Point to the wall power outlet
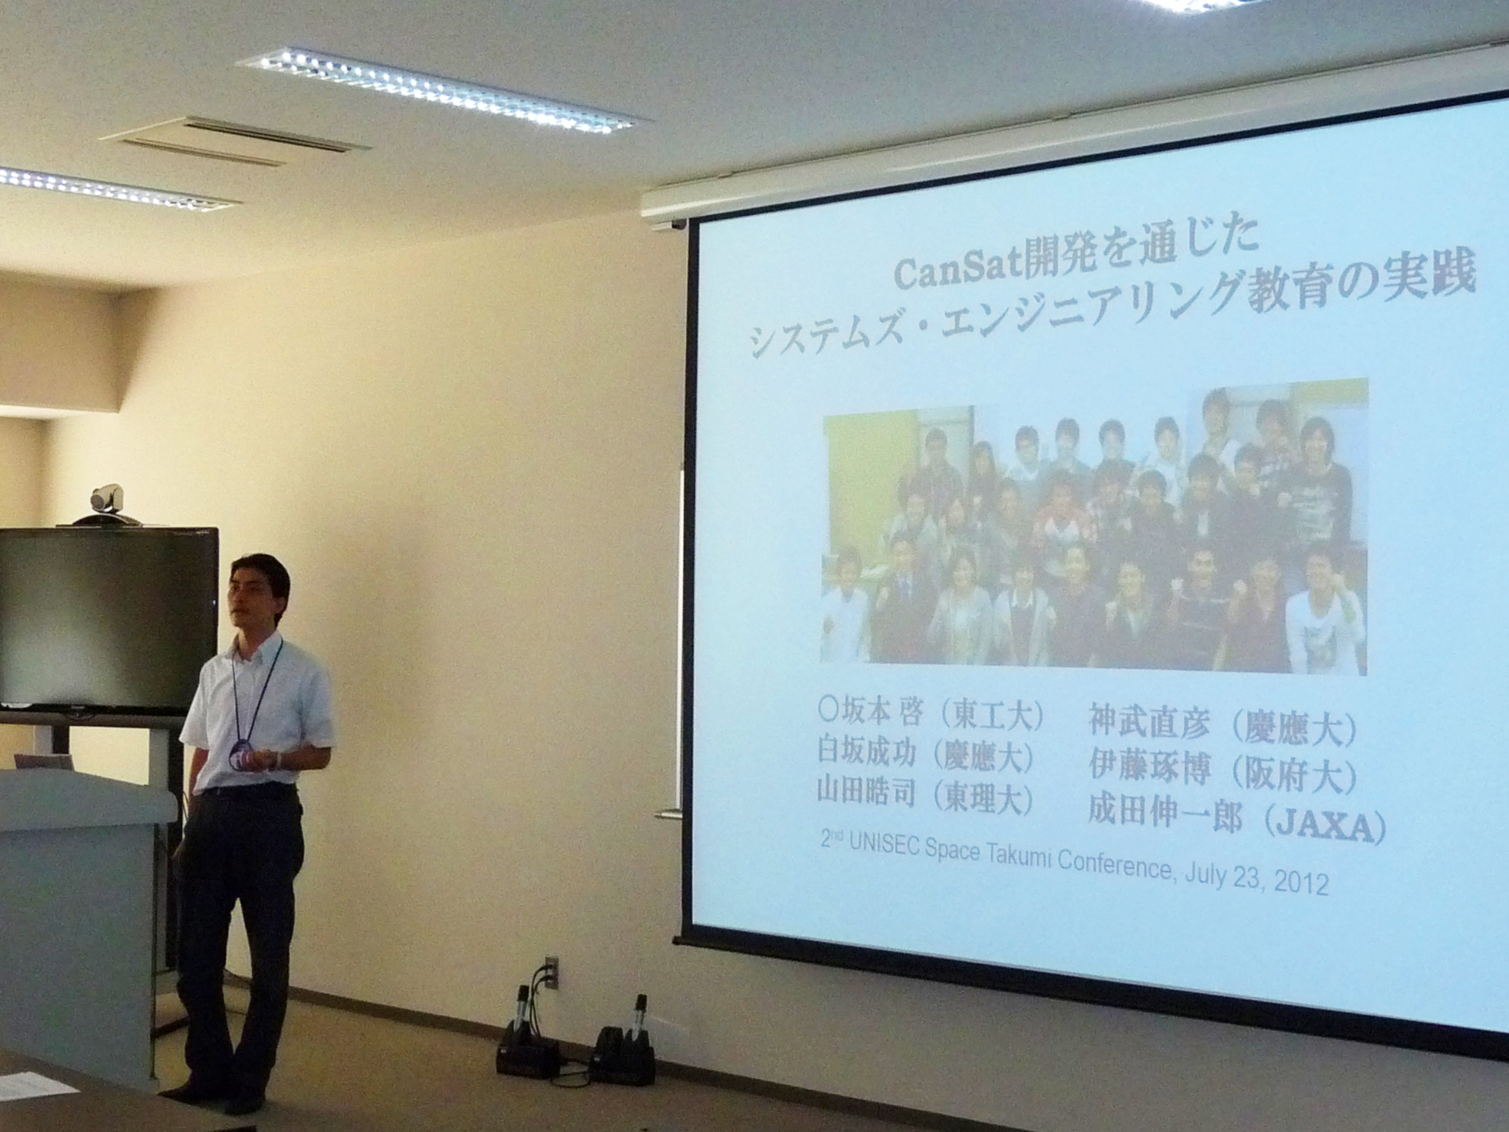pyautogui.click(x=550, y=972)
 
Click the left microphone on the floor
pyautogui.click(x=522, y=1011)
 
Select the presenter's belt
pyautogui.click(x=247, y=790)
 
